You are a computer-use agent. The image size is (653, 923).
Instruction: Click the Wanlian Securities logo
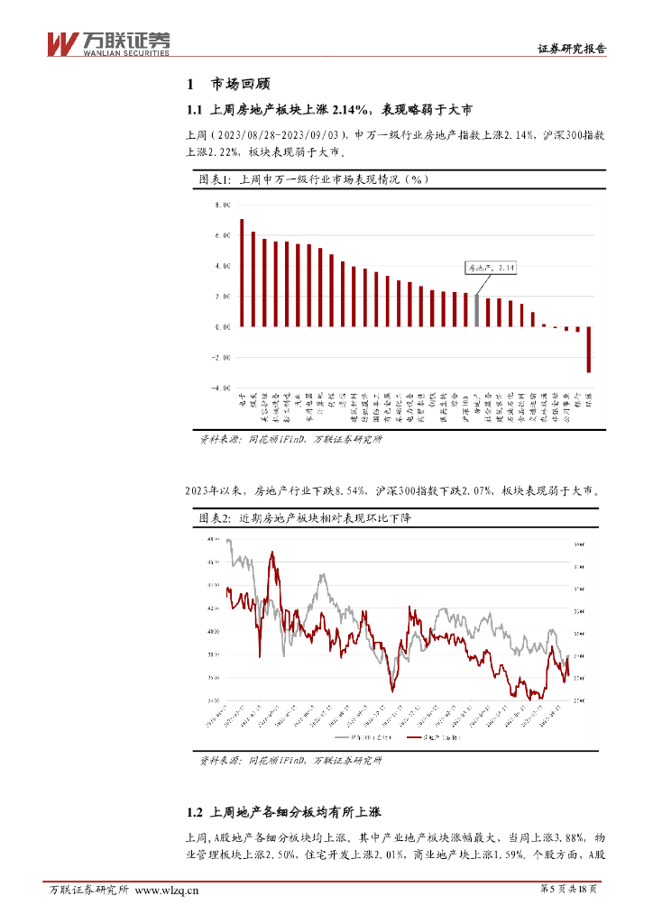tap(107, 42)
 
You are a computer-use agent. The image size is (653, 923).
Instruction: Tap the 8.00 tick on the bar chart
tap(222, 206)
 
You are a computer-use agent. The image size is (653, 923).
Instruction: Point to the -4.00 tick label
tap(221, 388)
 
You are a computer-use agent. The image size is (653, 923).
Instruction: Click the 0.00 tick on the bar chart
tap(222, 326)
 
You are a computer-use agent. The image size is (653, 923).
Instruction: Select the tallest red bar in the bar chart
tap(242, 271)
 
